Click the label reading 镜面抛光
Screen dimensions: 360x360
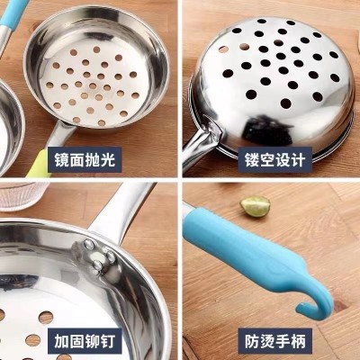(85, 159)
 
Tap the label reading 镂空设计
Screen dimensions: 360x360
(274, 159)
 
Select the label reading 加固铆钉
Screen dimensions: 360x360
(85, 341)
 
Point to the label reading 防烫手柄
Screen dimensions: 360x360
(274, 341)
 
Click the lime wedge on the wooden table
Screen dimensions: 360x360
(256, 206)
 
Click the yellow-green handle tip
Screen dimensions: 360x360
(39, 165)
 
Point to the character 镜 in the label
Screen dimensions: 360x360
(62, 159)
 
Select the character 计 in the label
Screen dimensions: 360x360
(298, 159)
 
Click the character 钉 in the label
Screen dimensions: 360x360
(107, 341)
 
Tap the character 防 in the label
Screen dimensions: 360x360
(252, 341)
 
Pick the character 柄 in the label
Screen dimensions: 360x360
(298, 341)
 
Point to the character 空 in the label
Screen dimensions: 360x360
(267, 159)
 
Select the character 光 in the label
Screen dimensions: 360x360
(107, 159)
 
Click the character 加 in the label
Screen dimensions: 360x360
(62, 341)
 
